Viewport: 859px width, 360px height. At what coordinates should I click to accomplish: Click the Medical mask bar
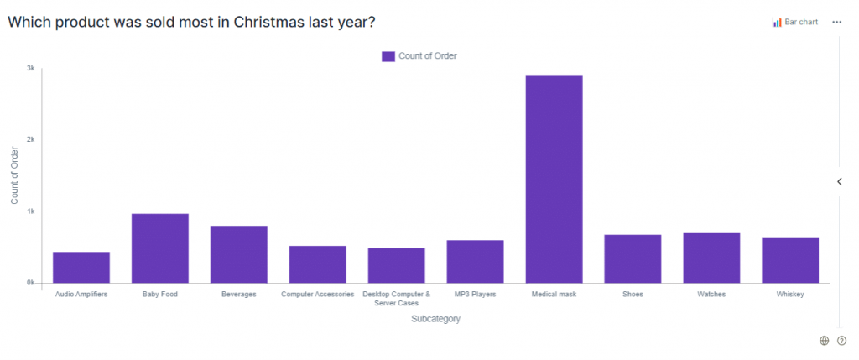click(x=554, y=179)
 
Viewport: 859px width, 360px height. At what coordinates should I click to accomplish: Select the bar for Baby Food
click(x=159, y=248)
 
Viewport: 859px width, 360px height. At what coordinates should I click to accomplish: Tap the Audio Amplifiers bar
click(x=81, y=267)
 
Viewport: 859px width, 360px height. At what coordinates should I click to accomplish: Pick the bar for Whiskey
click(x=790, y=260)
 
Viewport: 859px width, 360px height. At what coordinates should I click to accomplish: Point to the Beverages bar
click(x=238, y=254)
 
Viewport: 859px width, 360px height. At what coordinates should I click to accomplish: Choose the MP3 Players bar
click(x=475, y=261)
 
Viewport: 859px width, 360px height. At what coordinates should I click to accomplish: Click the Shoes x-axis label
click(x=633, y=295)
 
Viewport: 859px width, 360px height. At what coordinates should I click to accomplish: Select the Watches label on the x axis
click(x=711, y=295)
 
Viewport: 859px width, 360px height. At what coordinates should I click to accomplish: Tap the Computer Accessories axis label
click(x=317, y=295)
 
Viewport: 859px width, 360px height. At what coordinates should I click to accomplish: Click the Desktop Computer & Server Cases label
click(x=396, y=299)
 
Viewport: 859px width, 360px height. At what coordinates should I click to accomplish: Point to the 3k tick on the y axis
click(x=30, y=68)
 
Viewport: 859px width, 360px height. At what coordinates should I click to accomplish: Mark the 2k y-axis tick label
click(x=30, y=139)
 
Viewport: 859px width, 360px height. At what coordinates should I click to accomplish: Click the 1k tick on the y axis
click(x=30, y=211)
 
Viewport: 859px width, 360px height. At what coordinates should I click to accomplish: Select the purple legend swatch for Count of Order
click(x=388, y=56)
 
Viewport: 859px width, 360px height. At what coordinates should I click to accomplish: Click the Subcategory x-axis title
click(x=435, y=319)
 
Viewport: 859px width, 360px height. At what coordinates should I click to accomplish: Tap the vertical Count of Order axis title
click(x=14, y=175)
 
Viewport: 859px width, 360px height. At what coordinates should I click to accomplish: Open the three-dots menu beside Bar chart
click(x=836, y=22)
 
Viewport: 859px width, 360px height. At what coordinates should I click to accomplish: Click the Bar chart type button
click(x=795, y=22)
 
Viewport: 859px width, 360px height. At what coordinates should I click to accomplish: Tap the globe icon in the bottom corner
click(x=824, y=340)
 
